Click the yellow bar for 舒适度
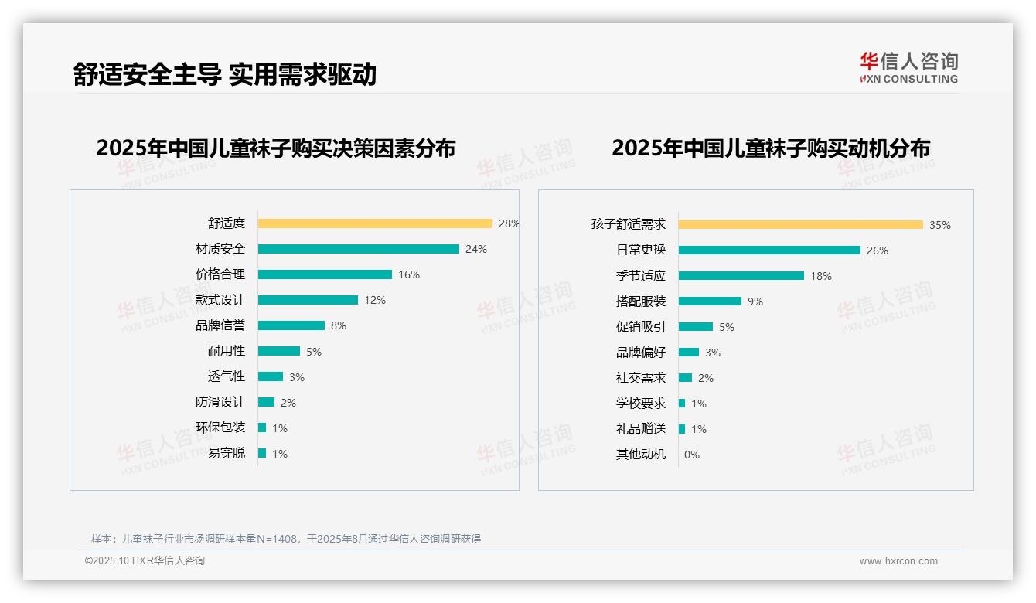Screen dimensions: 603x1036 tap(375, 223)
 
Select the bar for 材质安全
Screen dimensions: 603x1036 tap(358, 249)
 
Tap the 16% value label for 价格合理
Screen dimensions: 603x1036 tap(409, 274)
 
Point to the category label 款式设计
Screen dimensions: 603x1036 tap(220, 300)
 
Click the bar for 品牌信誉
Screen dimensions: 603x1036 tap(291, 325)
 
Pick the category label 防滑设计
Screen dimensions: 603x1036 tap(220, 402)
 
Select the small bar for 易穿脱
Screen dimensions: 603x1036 tap(262, 453)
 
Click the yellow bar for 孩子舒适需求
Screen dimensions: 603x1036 tap(800, 224)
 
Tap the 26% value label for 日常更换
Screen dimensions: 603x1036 tap(878, 250)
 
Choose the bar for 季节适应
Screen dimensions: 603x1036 tap(741, 275)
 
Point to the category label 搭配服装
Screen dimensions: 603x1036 tap(640, 301)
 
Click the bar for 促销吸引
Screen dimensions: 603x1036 tap(695, 326)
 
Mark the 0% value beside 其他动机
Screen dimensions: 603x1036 tap(691, 455)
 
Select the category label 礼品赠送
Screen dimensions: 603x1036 tap(640, 429)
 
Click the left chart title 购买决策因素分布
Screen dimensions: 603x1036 tap(275, 148)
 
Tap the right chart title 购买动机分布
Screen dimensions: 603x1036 tap(770, 148)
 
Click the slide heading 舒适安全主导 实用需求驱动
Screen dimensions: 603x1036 tap(224, 74)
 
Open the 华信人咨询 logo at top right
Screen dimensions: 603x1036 tap(908, 68)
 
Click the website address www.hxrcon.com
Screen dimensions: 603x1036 tap(898, 561)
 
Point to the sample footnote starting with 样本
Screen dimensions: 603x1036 tap(285, 539)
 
